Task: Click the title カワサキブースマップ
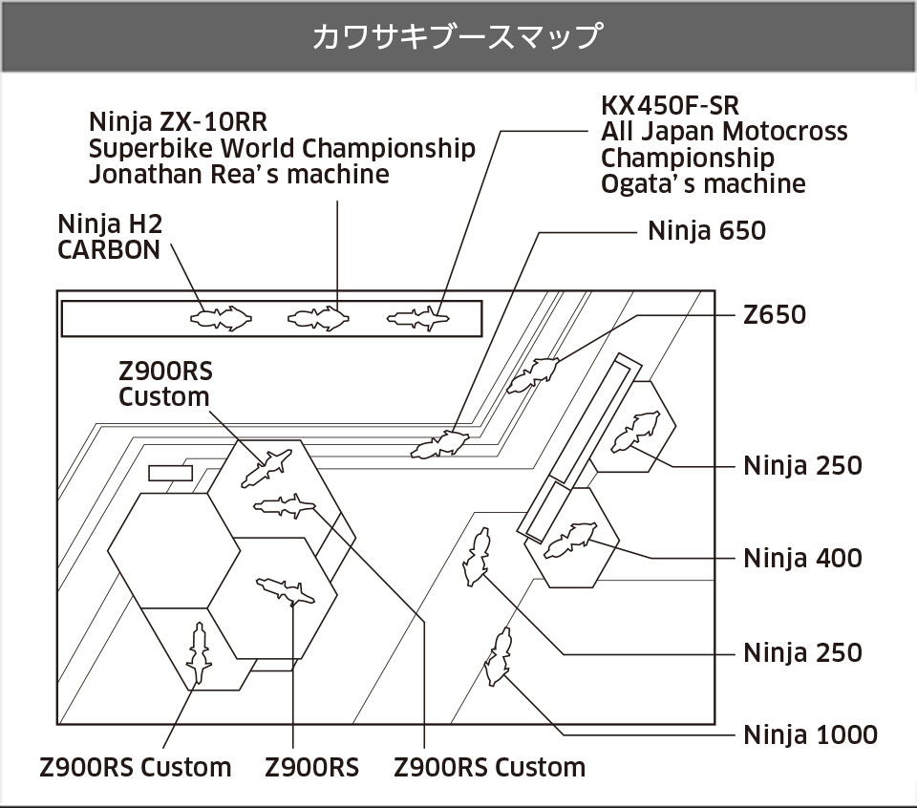click(x=458, y=37)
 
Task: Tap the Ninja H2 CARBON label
click(x=110, y=237)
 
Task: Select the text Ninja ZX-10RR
click(x=178, y=122)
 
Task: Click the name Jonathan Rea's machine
click(x=239, y=175)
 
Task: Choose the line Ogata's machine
click(x=703, y=183)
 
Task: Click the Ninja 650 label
click(x=706, y=231)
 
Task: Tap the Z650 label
click(x=775, y=314)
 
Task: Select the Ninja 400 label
click(x=802, y=558)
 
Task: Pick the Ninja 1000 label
click(x=810, y=734)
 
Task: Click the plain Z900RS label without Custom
click(x=311, y=767)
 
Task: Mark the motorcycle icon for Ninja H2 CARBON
click(x=222, y=317)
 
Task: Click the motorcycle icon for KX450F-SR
click(x=418, y=317)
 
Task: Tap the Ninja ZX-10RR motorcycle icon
click(x=319, y=317)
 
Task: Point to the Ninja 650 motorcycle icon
click(x=439, y=444)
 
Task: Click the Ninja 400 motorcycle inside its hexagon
click(x=569, y=540)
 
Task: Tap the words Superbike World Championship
click(x=282, y=149)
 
